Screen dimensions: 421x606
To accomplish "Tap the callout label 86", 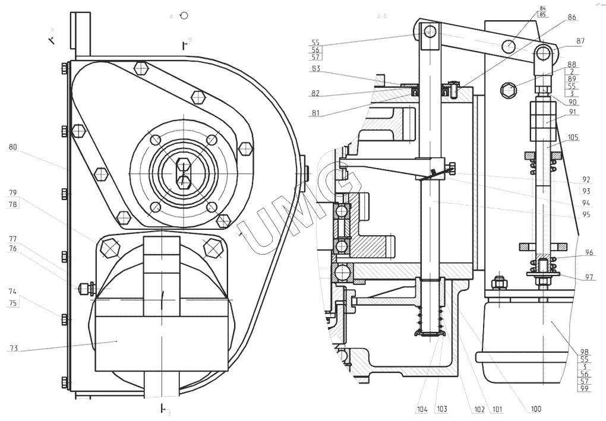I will tap(572, 18).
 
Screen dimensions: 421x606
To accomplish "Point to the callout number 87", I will tap(580, 41).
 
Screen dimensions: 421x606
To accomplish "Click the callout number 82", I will tap(316, 93).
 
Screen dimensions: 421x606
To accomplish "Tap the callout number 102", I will tap(479, 409).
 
